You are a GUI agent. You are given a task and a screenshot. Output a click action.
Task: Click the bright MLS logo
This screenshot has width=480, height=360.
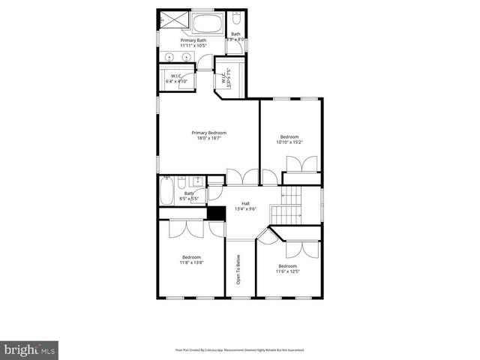click(x=30, y=349)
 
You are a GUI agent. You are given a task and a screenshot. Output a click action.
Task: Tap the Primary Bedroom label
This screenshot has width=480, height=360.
click(x=208, y=133)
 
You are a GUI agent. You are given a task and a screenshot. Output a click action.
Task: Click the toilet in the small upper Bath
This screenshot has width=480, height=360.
click(x=235, y=19)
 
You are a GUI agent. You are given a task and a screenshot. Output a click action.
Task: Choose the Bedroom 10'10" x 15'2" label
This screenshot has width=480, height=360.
click(x=289, y=139)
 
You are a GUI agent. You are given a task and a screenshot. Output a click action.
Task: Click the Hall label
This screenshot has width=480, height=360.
click(x=245, y=203)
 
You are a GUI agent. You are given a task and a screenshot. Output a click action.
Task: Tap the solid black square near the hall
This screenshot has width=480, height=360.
click(x=216, y=213)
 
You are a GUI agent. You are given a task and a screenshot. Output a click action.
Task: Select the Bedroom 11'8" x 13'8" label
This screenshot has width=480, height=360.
click(x=190, y=259)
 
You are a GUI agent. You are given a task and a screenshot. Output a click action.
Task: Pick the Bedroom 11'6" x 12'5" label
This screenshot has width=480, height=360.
click(x=289, y=268)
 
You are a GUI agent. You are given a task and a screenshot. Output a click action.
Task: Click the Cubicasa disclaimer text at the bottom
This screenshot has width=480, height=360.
click(x=240, y=349)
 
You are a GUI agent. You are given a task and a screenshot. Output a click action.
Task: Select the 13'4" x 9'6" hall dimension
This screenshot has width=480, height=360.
click(x=245, y=209)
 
